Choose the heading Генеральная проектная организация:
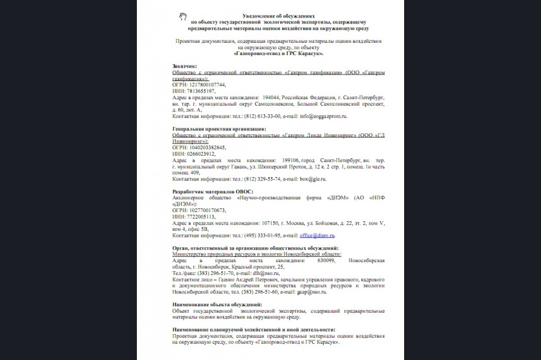(x=219, y=128)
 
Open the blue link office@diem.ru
(x=317, y=235)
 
